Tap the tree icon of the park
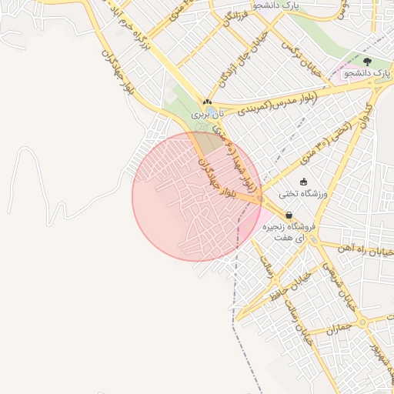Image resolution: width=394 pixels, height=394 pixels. (366, 61)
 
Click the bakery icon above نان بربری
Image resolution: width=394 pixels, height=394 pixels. (206, 102)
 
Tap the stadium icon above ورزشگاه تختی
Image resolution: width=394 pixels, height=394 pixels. (303, 182)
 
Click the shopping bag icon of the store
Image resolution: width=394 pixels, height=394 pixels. (289, 215)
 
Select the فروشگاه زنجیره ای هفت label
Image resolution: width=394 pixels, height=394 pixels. (290, 233)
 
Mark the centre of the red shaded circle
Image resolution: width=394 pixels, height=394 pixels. (197, 196)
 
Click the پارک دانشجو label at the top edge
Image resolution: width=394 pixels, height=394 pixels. (281, 5)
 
